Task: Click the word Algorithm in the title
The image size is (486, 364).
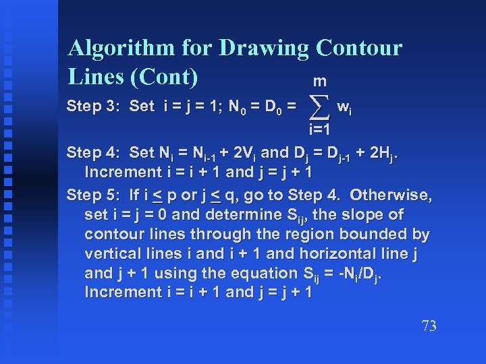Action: click(126, 49)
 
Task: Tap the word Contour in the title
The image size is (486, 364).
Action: click(358, 49)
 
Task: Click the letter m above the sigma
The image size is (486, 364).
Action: click(320, 82)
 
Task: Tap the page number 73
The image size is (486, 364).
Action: click(429, 326)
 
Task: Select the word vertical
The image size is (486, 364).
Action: click(111, 254)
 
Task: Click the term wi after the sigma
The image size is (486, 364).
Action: click(344, 106)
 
